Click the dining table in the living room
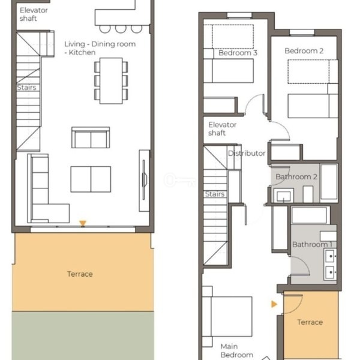[111, 81]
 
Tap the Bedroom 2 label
[304, 51]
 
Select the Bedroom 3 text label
[238, 53]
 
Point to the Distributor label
[247, 153]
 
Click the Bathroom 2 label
[296, 176]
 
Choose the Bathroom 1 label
[312, 244]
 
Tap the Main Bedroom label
[237, 350]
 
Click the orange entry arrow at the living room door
[83, 223]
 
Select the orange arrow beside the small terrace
[274, 304]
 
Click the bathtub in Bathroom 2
[329, 182]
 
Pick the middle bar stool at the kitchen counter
[121, 29]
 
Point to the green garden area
[83, 335]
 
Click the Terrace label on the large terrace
[80, 274]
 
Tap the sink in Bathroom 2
[284, 196]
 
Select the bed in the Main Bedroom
[227, 316]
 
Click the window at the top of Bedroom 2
[302, 32]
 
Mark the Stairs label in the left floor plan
[26, 88]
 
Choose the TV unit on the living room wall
[144, 181]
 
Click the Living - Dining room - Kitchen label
[100, 48]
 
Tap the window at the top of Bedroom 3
[239, 16]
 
